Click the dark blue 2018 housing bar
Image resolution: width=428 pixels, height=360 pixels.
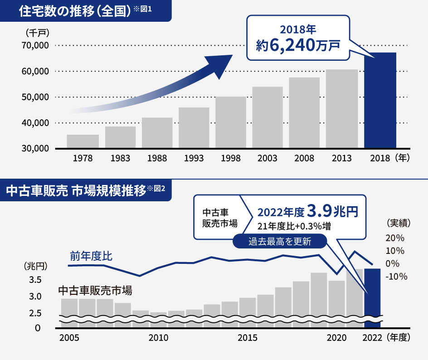pos(380,101)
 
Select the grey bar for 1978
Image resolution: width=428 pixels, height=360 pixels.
pos(83,141)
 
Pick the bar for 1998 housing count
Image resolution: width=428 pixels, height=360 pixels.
pos(231,122)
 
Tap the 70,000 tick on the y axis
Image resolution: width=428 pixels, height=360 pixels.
pos(34,45)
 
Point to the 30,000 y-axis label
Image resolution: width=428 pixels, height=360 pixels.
pos(34,149)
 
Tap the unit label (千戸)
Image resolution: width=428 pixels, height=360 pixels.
pos(38,33)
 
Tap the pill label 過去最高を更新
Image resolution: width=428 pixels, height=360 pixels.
pos(280,241)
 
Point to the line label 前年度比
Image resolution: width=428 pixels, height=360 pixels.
pos(91,256)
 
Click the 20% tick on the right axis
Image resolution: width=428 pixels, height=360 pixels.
pos(395,238)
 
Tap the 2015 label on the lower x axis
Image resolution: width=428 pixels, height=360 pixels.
pos(248,338)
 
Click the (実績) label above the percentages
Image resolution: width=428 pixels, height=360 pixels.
pos(398,223)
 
